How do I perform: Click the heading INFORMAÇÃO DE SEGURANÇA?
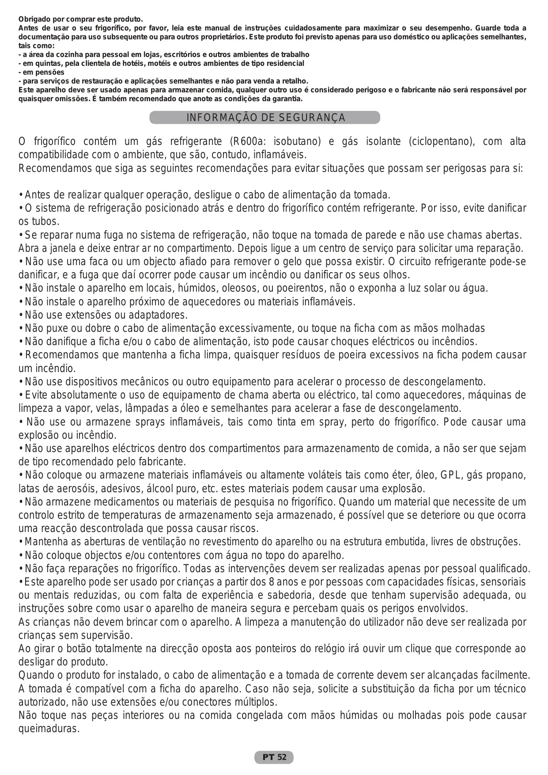[265, 118]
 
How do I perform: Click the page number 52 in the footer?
[282, 757]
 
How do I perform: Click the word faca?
[95, 262]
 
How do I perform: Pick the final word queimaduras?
[49, 729]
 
